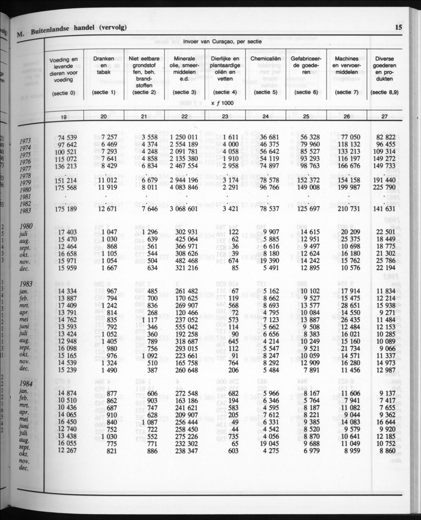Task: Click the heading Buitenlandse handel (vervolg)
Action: point(78,29)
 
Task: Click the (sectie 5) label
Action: point(265,92)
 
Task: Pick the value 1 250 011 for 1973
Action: point(184,137)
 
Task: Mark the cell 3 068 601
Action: point(184,209)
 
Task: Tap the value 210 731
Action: point(347,209)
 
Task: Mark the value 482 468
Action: point(184,260)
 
